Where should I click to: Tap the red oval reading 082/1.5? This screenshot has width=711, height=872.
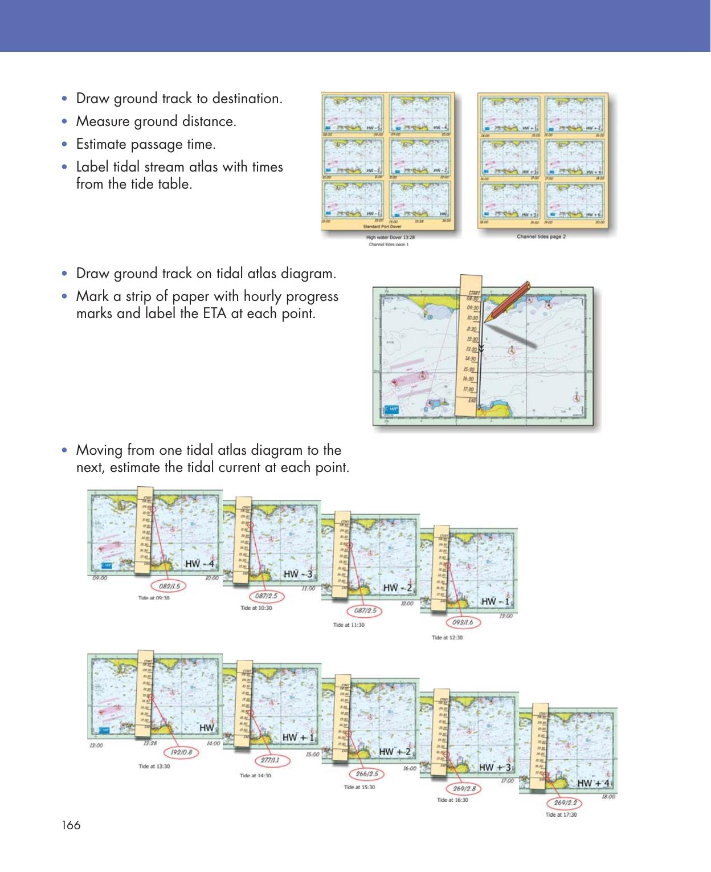coord(166,586)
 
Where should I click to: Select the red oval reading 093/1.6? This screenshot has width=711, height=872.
coord(463,622)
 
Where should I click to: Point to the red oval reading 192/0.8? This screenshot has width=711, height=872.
coord(181,752)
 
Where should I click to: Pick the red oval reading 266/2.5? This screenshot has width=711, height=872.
coord(367,774)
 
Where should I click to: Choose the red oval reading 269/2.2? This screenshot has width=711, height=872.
coord(565,803)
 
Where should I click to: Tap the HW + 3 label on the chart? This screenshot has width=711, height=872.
coord(495,767)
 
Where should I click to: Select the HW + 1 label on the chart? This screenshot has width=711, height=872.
coord(298,737)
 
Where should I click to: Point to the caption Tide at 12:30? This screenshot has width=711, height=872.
coord(447,637)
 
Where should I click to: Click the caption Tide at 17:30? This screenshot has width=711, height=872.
coord(561,814)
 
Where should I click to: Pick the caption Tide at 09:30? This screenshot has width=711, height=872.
coord(154,598)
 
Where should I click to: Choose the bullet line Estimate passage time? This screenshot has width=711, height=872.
coord(146,144)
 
